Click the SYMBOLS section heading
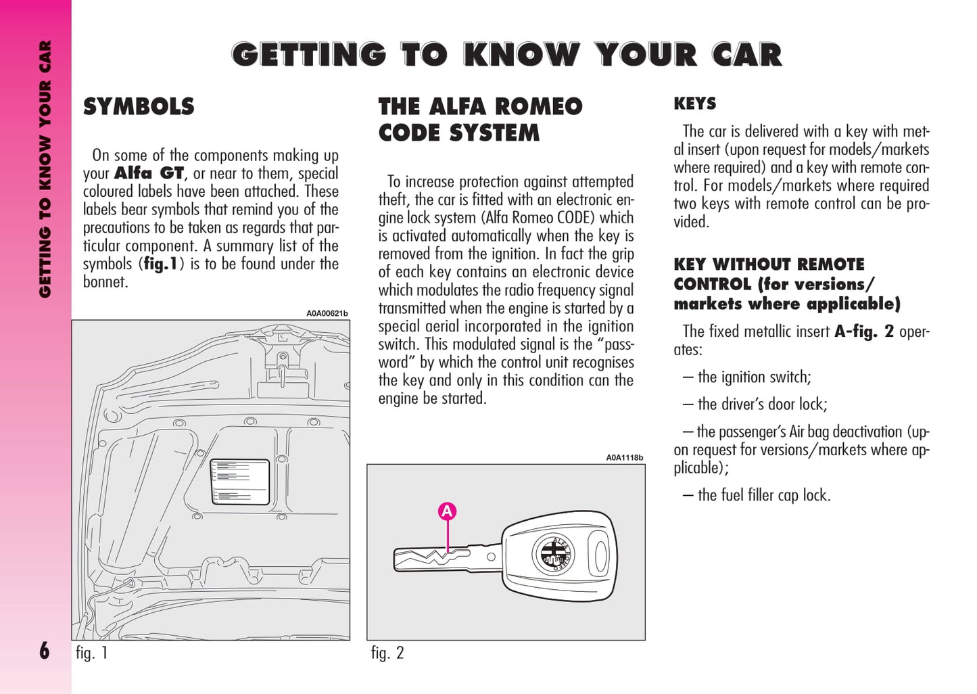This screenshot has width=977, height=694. click(x=139, y=107)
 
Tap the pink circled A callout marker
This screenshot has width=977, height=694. click(x=446, y=512)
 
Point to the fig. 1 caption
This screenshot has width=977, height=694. click(x=91, y=653)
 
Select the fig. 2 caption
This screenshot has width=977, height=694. click(x=387, y=653)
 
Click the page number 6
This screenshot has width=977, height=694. click(x=45, y=651)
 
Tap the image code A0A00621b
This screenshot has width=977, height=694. click(x=327, y=313)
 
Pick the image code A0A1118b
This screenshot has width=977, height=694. click(x=624, y=457)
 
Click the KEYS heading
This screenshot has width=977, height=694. click(x=694, y=103)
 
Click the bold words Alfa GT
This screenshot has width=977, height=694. click(x=149, y=174)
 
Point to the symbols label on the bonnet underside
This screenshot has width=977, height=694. click(x=240, y=482)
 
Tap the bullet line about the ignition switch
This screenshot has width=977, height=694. click(x=747, y=377)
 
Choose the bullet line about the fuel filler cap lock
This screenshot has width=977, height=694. click(x=757, y=495)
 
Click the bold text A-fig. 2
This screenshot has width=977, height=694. click(x=863, y=331)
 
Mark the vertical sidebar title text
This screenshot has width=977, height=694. click(x=45, y=169)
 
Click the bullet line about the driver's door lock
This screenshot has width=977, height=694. click(x=755, y=404)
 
